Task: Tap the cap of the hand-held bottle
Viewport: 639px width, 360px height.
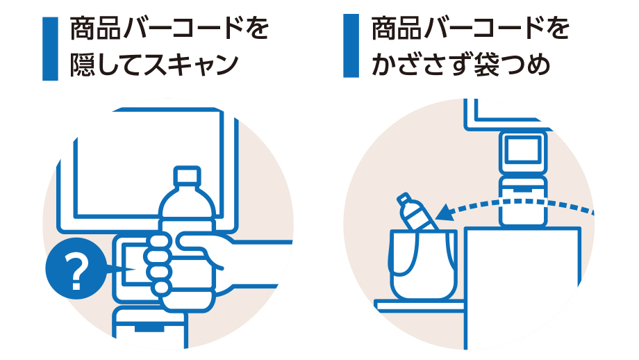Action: (x=186, y=174)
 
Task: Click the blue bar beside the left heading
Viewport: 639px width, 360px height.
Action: (x=50, y=48)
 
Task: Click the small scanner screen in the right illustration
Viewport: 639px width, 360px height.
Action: (x=522, y=150)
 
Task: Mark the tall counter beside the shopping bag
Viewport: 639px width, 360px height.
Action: (x=521, y=285)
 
